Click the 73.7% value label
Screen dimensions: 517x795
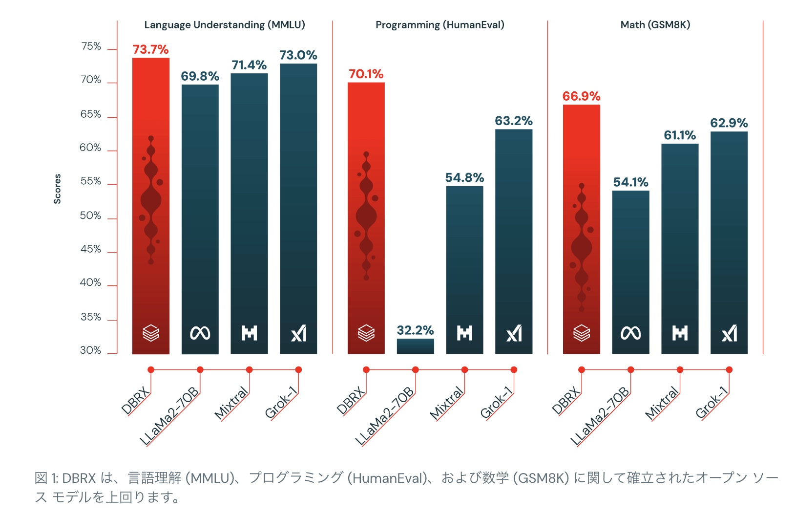coord(150,49)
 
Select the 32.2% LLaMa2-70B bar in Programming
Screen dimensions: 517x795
coord(415,346)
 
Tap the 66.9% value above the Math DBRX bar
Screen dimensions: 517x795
coord(581,96)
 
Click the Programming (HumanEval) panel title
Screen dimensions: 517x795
coord(439,25)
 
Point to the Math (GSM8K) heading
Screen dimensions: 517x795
coord(655,25)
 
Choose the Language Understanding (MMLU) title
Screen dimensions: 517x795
coord(225,25)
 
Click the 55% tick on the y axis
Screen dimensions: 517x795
coord(91,181)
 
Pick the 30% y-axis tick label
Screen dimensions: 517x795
coord(91,350)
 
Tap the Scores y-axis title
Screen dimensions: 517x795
coord(58,189)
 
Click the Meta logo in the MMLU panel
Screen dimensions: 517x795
coord(200,333)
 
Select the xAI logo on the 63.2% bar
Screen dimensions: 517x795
coord(514,333)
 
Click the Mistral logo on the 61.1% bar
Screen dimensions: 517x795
coord(680,333)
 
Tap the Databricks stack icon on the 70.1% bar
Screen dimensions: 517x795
coord(366,333)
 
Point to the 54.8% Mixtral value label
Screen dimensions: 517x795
coord(464,177)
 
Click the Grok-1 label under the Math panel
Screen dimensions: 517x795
coord(711,403)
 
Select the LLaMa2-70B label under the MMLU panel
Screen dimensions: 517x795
coord(169,416)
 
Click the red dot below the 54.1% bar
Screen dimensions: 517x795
coord(630,370)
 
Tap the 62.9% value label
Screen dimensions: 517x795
coord(729,123)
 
